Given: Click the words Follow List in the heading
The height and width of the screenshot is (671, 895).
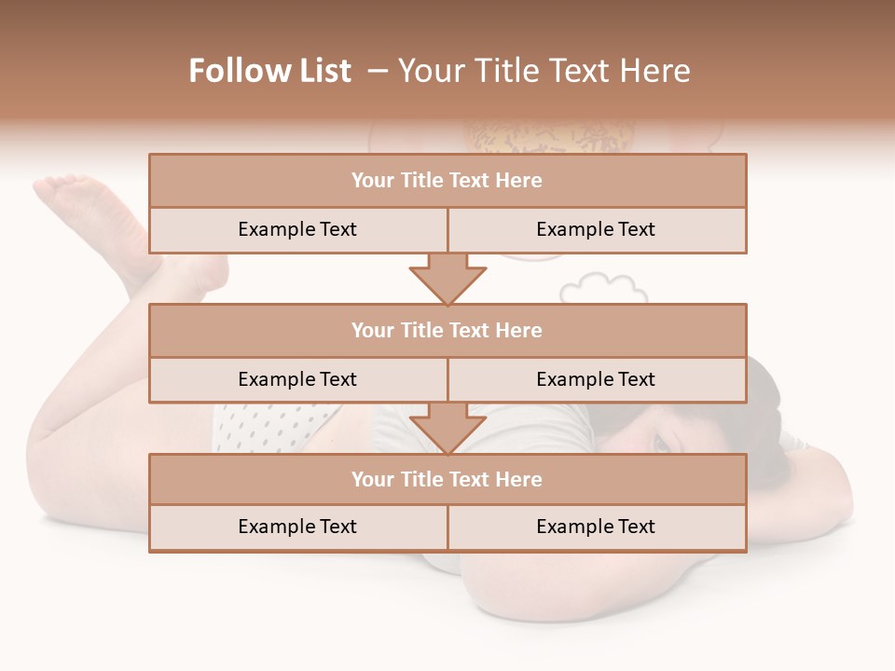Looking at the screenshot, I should click(x=269, y=71).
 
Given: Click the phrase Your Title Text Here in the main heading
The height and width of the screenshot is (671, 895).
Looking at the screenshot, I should click(x=544, y=71).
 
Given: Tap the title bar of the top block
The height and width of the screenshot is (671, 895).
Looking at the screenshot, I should click(x=447, y=181).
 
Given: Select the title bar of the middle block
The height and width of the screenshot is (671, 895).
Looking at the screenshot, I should click(x=447, y=330).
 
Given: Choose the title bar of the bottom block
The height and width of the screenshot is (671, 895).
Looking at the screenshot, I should click(x=447, y=479).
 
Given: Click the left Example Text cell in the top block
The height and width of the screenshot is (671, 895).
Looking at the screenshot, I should click(x=297, y=229).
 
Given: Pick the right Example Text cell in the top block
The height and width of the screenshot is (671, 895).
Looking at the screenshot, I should click(x=596, y=229).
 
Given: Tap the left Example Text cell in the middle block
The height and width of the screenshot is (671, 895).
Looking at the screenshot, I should click(x=297, y=379).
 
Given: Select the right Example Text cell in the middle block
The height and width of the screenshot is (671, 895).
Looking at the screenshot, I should click(x=596, y=379).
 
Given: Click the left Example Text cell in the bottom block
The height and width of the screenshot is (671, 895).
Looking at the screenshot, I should click(x=297, y=527).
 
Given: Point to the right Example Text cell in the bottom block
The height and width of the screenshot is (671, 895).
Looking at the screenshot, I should click(x=596, y=527).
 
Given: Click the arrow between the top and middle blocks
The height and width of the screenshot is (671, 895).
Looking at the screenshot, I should click(x=447, y=279).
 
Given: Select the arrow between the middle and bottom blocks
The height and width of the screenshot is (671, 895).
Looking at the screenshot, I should click(x=447, y=428).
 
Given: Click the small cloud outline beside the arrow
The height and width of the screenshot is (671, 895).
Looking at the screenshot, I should click(x=597, y=288).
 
